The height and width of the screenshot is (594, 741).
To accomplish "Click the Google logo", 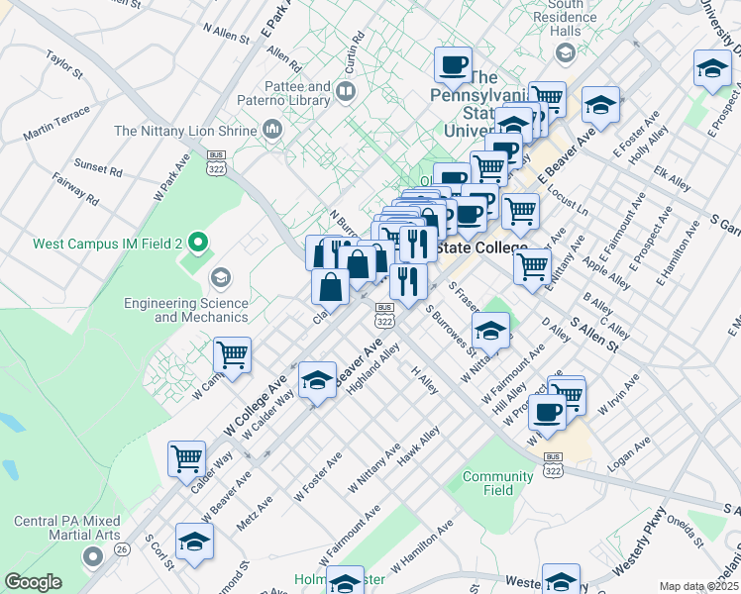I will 33,582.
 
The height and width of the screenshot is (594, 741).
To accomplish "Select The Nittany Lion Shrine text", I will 185,131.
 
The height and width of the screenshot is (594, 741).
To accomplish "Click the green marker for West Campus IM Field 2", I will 198,242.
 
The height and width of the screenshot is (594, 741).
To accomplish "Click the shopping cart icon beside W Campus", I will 232,354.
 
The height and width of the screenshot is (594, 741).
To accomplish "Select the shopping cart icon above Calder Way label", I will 186,458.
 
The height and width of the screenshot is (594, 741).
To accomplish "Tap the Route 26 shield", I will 122,548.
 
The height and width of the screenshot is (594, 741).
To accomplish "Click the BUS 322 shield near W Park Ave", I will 215,163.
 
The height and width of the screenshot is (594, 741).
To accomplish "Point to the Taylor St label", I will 64,63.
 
